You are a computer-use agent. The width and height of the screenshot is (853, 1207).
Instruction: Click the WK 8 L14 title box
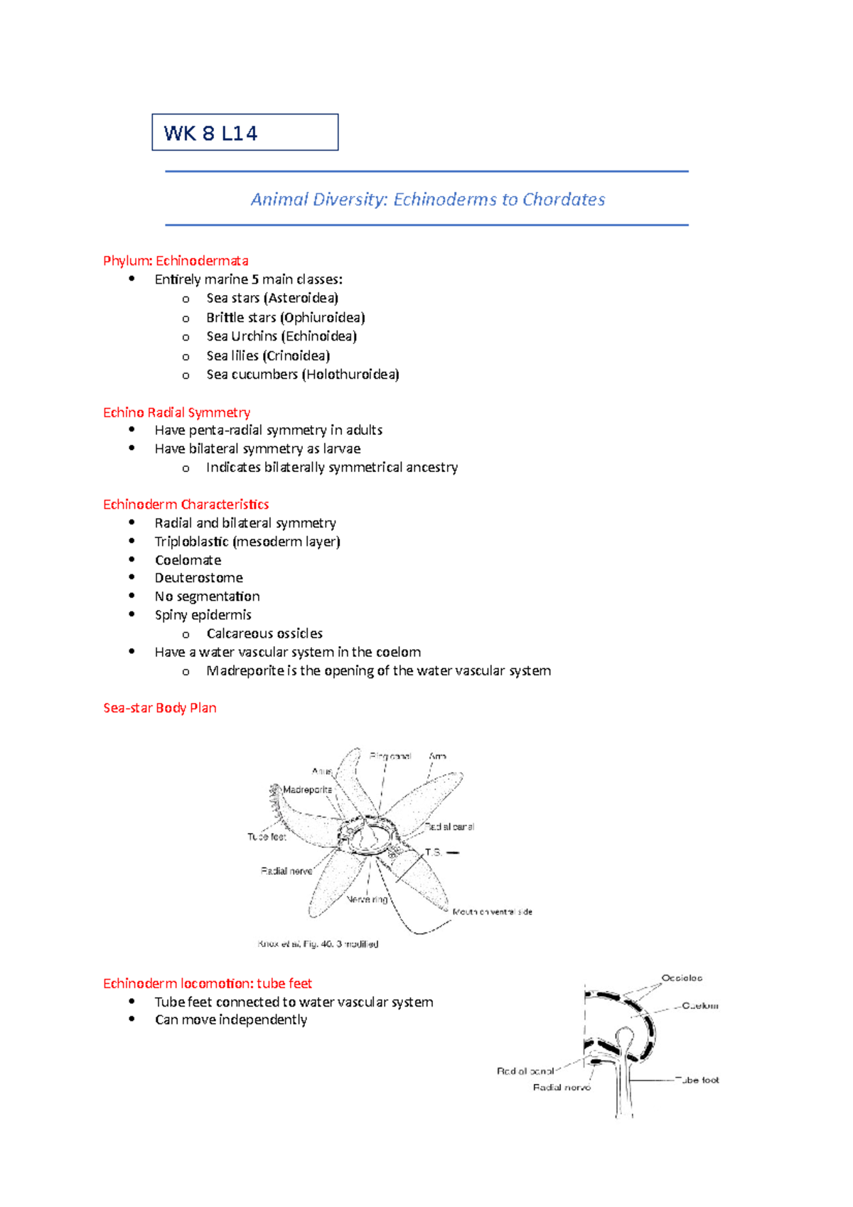(245, 132)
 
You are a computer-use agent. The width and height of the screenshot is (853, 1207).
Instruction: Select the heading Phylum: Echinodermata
(176, 261)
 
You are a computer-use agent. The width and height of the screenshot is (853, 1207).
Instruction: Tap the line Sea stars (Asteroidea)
(272, 299)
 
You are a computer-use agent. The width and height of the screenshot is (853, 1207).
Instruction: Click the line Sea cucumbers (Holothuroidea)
(303, 375)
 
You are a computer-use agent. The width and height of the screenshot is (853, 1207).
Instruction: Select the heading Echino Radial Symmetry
(176, 412)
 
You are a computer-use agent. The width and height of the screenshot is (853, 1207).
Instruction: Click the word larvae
(342, 449)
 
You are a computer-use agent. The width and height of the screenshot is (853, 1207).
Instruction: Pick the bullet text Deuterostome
(199, 578)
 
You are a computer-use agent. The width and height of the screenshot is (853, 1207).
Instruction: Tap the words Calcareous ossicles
(264, 633)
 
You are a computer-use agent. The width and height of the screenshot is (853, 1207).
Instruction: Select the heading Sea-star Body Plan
(160, 708)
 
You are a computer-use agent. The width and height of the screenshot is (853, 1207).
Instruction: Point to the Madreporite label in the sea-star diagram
(307, 790)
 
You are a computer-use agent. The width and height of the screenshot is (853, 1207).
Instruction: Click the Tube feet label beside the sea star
(267, 837)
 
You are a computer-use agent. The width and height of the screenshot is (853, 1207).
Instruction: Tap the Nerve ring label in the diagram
(367, 899)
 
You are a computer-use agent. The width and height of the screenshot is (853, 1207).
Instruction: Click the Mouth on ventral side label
(492, 911)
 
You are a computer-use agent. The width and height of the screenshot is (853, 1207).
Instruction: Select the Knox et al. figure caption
(318, 944)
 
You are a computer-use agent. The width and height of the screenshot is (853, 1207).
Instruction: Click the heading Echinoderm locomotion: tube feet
(208, 984)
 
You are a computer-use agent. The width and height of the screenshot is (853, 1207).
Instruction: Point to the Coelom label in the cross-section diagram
(699, 1006)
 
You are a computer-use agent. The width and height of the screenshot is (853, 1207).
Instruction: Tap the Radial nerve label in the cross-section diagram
(562, 1088)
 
